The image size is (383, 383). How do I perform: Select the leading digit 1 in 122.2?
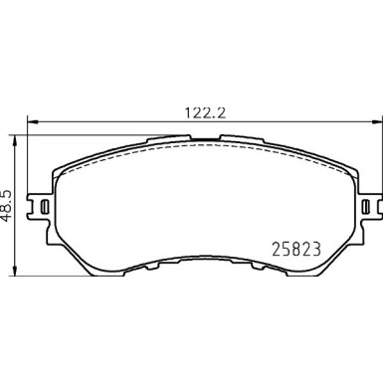183,112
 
